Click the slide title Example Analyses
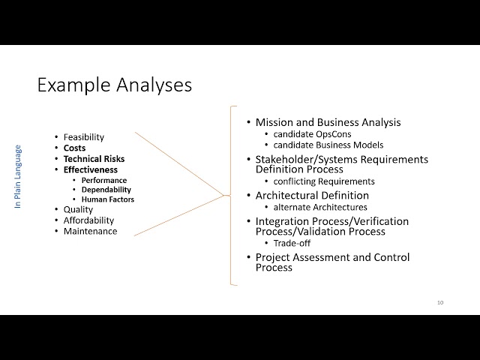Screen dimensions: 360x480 coord(114,85)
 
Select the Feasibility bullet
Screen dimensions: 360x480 coord(83,137)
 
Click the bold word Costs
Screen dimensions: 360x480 coord(74,148)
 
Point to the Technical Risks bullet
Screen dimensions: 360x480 coord(94,159)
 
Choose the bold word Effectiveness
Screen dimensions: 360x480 coord(90,170)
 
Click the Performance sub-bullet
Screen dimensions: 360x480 coord(104,180)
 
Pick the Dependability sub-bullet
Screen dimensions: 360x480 coord(107,190)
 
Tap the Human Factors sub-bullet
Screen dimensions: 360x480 coord(108,199)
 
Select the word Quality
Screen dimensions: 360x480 coord(78,210)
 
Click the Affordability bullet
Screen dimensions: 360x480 coord(88,220)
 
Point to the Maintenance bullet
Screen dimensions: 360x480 coord(90,231)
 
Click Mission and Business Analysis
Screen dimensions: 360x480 coord(328,122)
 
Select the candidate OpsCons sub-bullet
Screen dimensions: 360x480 coord(312,133)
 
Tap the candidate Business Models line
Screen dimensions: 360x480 coord(328,144)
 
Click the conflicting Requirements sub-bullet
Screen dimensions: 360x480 coord(324,181)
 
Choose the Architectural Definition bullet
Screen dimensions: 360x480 coord(312,196)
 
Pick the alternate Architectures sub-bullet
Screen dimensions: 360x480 coord(319,206)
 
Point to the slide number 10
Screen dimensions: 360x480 coord(440,302)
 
